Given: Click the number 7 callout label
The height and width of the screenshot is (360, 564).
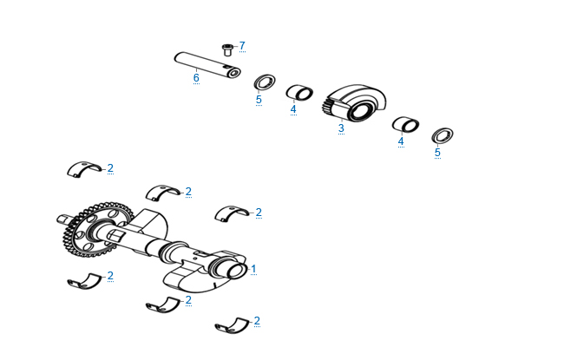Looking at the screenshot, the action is point(242,46).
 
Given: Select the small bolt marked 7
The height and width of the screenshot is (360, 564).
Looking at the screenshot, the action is point(227,49).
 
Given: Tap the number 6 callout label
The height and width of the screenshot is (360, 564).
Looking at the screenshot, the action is point(196,78).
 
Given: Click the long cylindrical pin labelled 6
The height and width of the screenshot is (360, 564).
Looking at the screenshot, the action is point(207,65).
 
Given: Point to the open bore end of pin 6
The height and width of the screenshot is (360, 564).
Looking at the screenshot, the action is point(234,73).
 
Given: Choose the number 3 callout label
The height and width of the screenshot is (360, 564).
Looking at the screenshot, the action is point(341,128).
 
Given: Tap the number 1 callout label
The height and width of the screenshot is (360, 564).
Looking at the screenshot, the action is point(253,269).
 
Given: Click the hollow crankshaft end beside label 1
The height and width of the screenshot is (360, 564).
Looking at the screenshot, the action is point(236,270).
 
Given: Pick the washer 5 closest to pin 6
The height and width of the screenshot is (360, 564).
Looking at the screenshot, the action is point(265,82).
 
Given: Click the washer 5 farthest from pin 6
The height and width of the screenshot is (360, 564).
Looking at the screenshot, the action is point(442,136).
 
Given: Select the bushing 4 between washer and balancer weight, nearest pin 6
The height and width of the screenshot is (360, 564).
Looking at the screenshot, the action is point(299,93).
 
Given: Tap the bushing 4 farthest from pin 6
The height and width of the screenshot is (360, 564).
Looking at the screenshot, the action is point(405,124).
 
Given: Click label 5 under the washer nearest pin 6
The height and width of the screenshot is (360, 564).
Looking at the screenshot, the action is point(259,100).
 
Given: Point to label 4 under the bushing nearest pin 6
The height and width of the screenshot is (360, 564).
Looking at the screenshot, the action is point(293,109).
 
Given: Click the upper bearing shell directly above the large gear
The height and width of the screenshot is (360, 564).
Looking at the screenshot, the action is point(84,168).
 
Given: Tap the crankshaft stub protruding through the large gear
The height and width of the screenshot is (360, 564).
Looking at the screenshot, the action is point(65,219).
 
